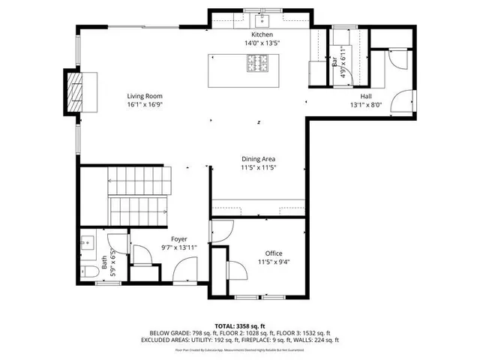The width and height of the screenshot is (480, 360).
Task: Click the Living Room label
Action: (x=144, y=96)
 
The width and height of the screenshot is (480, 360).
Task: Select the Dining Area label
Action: (x=259, y=159)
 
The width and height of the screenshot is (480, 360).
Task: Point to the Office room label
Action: (x=274, y=253)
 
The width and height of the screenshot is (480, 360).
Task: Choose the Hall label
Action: (x=366, y=97)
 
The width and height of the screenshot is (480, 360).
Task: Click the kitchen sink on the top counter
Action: (x=262, y=19)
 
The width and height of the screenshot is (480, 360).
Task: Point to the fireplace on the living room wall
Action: (x=74, y=91)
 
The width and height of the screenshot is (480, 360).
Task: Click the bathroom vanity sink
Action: (x=88, y=244)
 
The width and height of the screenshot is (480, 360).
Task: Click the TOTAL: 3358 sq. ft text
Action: (x=239, y=326)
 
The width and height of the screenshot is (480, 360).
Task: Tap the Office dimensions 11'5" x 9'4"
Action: (x=274, y=262)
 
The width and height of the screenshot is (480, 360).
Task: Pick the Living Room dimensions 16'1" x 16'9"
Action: (x=144, y=105)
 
